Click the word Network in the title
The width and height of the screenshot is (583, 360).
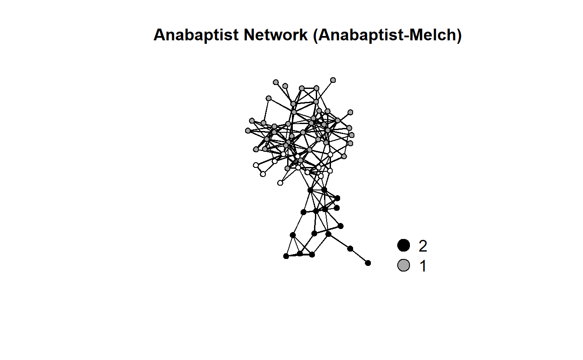point(275,35)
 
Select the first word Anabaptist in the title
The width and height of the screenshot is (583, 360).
point(196,35)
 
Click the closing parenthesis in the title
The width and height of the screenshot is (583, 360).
point(459,36)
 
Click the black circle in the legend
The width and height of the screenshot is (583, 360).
point(403,245)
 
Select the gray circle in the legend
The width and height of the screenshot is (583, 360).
point(403,265)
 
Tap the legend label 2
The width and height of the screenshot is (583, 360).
point(423,246)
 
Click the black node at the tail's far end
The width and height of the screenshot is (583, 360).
point(368,263)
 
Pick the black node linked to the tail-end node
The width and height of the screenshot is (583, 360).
point(350,249)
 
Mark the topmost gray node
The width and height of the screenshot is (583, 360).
point(333,80)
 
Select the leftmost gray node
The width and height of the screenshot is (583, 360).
point(248,131)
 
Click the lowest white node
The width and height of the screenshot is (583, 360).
point(280,183)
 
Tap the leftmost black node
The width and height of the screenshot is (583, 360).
point(286,256)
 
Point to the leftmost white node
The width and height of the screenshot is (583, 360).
point(256,165)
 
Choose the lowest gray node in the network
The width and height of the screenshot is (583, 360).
point(287,168)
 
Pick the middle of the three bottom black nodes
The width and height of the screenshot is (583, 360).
point(300,253)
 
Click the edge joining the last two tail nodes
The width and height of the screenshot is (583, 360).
point(359,256)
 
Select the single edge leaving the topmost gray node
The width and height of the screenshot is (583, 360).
point(324,91)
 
